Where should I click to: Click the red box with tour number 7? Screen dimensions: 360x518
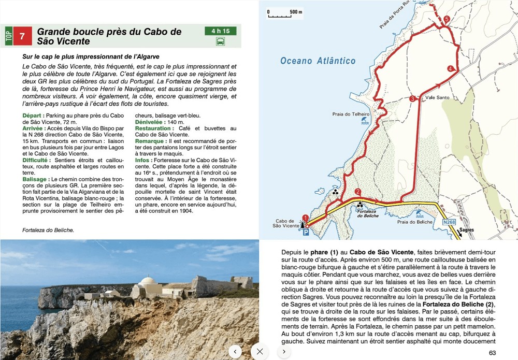(21, 37)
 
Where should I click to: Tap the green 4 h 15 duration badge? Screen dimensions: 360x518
(220, 31)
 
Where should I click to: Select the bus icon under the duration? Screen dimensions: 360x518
(220, 41)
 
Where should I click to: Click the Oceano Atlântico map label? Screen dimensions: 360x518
(318, 61)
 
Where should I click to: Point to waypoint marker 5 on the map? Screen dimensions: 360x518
(447, 20)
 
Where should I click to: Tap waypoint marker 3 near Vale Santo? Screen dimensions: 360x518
(412, 99)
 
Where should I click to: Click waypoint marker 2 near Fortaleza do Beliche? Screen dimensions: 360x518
(357, 192)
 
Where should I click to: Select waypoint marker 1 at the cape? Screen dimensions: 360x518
(305, 218)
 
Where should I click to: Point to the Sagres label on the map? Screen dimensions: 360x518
(466, 230)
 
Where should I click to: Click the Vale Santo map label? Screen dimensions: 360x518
(436, 97)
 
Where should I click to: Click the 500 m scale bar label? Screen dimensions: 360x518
(296, 12)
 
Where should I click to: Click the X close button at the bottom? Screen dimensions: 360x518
(260, 351)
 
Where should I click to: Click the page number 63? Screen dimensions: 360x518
(492, 353)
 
